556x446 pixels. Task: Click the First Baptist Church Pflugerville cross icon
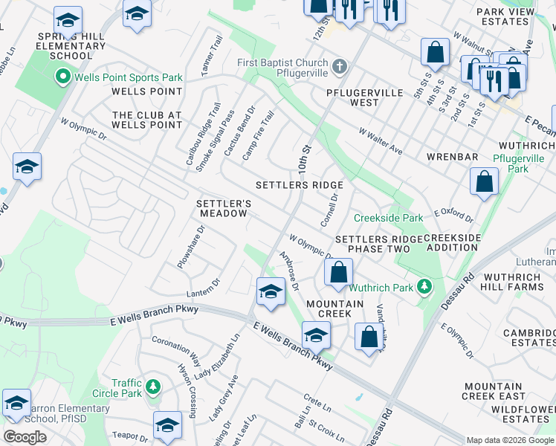(340, 65)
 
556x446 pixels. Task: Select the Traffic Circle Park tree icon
(152, 386)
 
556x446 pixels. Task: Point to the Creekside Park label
(388, 218)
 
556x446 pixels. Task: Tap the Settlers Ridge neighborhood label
(300, 185)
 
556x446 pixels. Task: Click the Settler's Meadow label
(222, 208)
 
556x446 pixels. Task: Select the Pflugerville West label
(364, 98)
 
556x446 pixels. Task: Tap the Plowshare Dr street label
(190, 248)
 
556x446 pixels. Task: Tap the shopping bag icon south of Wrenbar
(484, 182)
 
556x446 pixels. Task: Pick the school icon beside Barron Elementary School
(16, 402)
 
